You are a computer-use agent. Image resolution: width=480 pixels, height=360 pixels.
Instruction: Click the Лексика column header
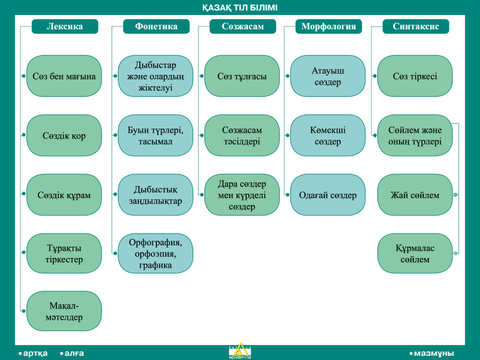click(x=65, y=26)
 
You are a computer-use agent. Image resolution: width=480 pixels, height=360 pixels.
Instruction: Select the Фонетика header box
click(x=156, y=26)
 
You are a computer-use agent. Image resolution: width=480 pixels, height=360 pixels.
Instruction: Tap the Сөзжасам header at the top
click(x=243, y=26)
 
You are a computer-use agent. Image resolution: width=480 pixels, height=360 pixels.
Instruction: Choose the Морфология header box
click(x=328, y=26)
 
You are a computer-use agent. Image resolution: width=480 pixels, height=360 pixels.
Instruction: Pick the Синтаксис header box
click(x=416, y=26)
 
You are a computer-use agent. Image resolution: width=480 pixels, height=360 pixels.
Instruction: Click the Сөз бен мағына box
click(x=64, y=76)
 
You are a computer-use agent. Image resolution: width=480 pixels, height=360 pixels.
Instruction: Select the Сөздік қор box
click(x=64, y=136)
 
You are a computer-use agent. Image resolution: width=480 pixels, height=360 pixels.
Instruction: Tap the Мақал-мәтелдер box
click(x=64, y=311)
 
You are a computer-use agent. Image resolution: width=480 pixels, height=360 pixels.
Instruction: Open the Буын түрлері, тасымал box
click(x=155, y=136)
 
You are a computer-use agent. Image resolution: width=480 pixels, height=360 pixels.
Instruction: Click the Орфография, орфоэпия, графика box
click(x=155, y=253)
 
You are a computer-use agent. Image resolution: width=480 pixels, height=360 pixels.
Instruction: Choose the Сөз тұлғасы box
click(x=242, y=76)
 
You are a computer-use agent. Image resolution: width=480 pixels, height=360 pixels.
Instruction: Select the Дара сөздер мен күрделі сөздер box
click(x=242, y=194)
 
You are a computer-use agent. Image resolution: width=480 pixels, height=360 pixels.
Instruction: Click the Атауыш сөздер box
click(x=328, y=76)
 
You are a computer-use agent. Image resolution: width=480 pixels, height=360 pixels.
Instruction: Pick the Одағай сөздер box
click(x=328, y=194)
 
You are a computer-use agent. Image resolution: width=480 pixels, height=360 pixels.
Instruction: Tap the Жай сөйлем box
click(x=415, y=194)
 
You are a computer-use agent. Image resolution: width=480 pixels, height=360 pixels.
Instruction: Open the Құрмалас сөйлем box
click(x=415, y=253)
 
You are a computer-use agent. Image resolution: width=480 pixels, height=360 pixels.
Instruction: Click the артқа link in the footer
click(x=33, y=353)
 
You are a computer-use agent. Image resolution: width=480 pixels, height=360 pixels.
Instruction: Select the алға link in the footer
click(x=72, y=353)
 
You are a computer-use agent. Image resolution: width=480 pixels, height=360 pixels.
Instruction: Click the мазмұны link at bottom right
click(x=431, y=353)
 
